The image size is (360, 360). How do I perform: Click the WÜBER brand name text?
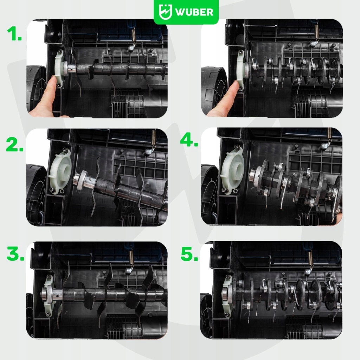pyautogui.click(x=194, y=12)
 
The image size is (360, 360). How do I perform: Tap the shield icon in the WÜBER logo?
pyautogui.click(x=165, y=12)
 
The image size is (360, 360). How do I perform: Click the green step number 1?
pyautogui.click(x=14, y=33)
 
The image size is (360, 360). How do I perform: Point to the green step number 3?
pyautogui.click(x=15, y=253)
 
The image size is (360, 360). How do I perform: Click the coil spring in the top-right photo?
pyautogui.click(x=317, y=31)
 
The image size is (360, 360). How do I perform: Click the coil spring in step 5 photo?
pyautogui.click(x=310, y=258)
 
